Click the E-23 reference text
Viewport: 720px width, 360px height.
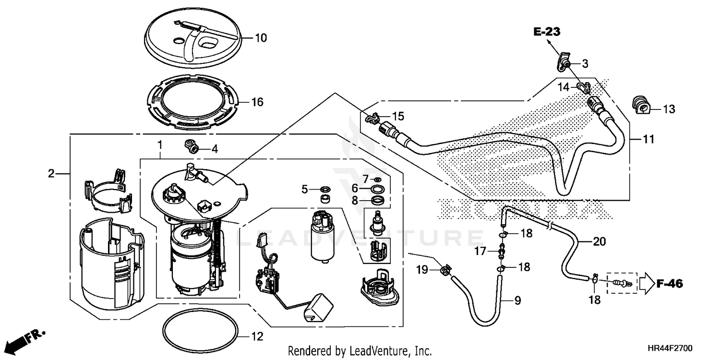(x=546, y=32)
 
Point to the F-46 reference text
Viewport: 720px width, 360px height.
(x=670, y=284)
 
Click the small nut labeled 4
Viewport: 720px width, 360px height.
(x=192, y=146)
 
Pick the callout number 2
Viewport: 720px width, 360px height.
(x=51, y=174)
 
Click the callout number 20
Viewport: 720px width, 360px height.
(x=600, y=242)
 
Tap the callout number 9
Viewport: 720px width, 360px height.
(x=517, y=301)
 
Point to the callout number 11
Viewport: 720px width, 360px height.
(x=648, y=140)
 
